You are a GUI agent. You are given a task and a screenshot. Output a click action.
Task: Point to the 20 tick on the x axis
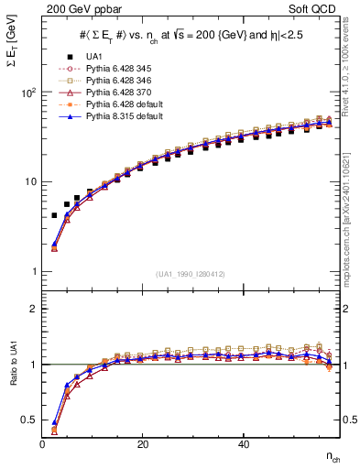pyautogui.click(x=142, y=443)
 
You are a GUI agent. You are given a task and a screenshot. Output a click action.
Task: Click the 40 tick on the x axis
pyautogui.click(x=243, y=443)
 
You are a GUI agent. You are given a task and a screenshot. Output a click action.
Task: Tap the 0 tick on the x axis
pyautogui.click(x=43, y=443)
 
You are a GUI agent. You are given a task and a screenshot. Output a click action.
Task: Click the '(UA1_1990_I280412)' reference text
pyautogui.click(x=191, y=274)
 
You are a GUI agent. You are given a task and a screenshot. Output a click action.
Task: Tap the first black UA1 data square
pyautogui.click(x=55, y=215)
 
